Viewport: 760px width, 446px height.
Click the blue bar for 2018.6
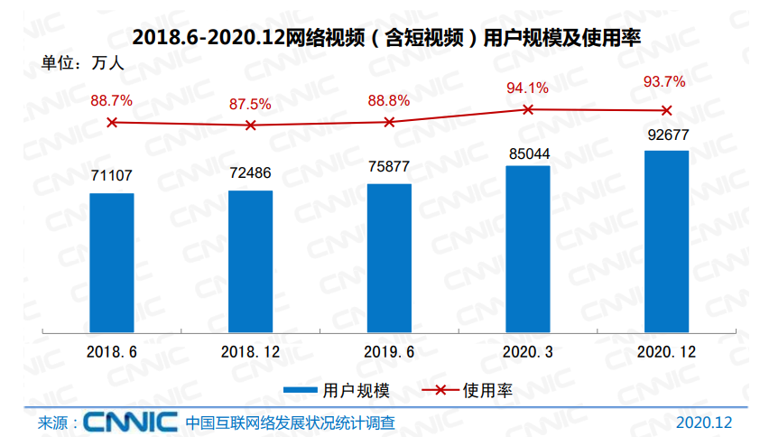tap(112, 262)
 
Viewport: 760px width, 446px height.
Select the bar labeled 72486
tap(250, 260)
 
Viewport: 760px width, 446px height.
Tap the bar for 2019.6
tap(389, 257)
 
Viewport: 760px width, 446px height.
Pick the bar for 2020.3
tap(528, 248)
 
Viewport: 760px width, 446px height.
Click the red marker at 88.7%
tap(112, 122)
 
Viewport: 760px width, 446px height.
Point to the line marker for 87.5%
tap(250, 125)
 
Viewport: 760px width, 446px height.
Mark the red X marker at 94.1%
tap(528, 109)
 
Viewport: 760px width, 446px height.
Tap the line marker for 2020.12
tap(667, 110)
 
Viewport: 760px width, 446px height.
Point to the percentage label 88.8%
tap(389, 100)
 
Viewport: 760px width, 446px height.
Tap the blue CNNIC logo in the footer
tap(130, 423)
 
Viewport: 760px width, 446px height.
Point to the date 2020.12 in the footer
tap(703, 423)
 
